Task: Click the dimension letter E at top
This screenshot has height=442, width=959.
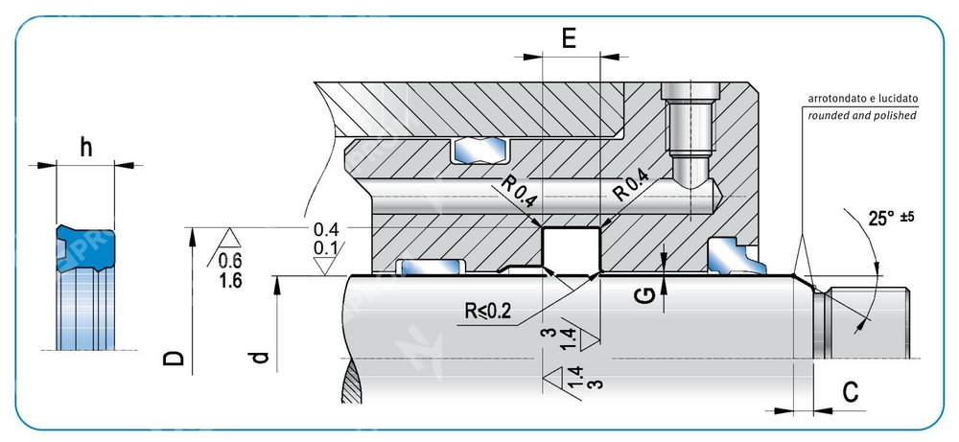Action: [x=569, y=39]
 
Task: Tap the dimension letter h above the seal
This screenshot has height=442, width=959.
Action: [x=86, y=148]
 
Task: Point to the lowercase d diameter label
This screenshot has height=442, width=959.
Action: [x=258, y=359]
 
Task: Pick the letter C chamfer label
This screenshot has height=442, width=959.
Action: [x=850, y=391]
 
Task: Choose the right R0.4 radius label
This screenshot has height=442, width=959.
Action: [x=631, y=187]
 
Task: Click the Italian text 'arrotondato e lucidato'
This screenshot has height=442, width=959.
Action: [x=863, y=99]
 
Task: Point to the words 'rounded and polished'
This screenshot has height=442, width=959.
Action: [x=862, y=115]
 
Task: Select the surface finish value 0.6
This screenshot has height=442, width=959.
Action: [x=229, y=260]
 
